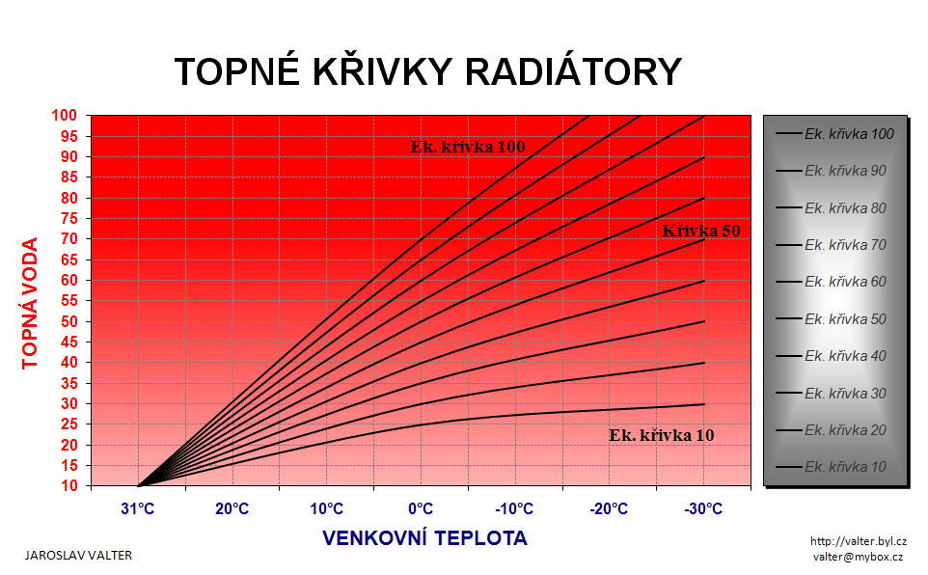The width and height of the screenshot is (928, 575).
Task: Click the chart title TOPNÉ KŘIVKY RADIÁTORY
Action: click(428, 71)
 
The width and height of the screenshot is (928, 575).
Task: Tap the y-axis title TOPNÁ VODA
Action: click(30, 303)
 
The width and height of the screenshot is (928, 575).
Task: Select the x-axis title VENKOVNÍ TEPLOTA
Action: click(424, 538)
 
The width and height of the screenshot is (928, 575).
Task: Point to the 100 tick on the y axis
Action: click(65, 116)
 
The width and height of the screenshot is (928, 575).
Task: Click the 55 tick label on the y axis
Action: click(69, 301)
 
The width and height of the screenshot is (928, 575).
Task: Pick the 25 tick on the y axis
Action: click(69, 424)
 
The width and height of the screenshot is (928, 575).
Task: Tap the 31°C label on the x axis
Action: click(138, 508)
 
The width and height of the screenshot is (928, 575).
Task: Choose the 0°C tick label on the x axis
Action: click(421, 508)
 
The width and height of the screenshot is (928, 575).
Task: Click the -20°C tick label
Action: click(609, 508)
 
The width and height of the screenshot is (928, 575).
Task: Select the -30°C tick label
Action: click(703, 508)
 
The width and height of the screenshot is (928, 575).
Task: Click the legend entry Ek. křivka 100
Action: click(835, 134)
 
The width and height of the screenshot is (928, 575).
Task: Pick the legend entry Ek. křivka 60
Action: click(832, 282)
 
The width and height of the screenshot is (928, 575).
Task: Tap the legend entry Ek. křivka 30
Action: click(832, 394)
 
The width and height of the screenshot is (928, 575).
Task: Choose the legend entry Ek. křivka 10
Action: click(832, 467)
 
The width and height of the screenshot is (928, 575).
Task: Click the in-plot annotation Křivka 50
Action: click(701, 231)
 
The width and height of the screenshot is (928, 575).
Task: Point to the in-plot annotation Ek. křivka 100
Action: click(468, 147)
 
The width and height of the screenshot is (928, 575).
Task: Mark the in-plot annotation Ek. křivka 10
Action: click(662, 435)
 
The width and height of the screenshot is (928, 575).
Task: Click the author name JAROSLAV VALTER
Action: click(78, 556)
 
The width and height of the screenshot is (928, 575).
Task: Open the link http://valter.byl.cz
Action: click(859, 541)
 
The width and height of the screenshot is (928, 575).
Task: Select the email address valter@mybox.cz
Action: click(858, 557)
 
